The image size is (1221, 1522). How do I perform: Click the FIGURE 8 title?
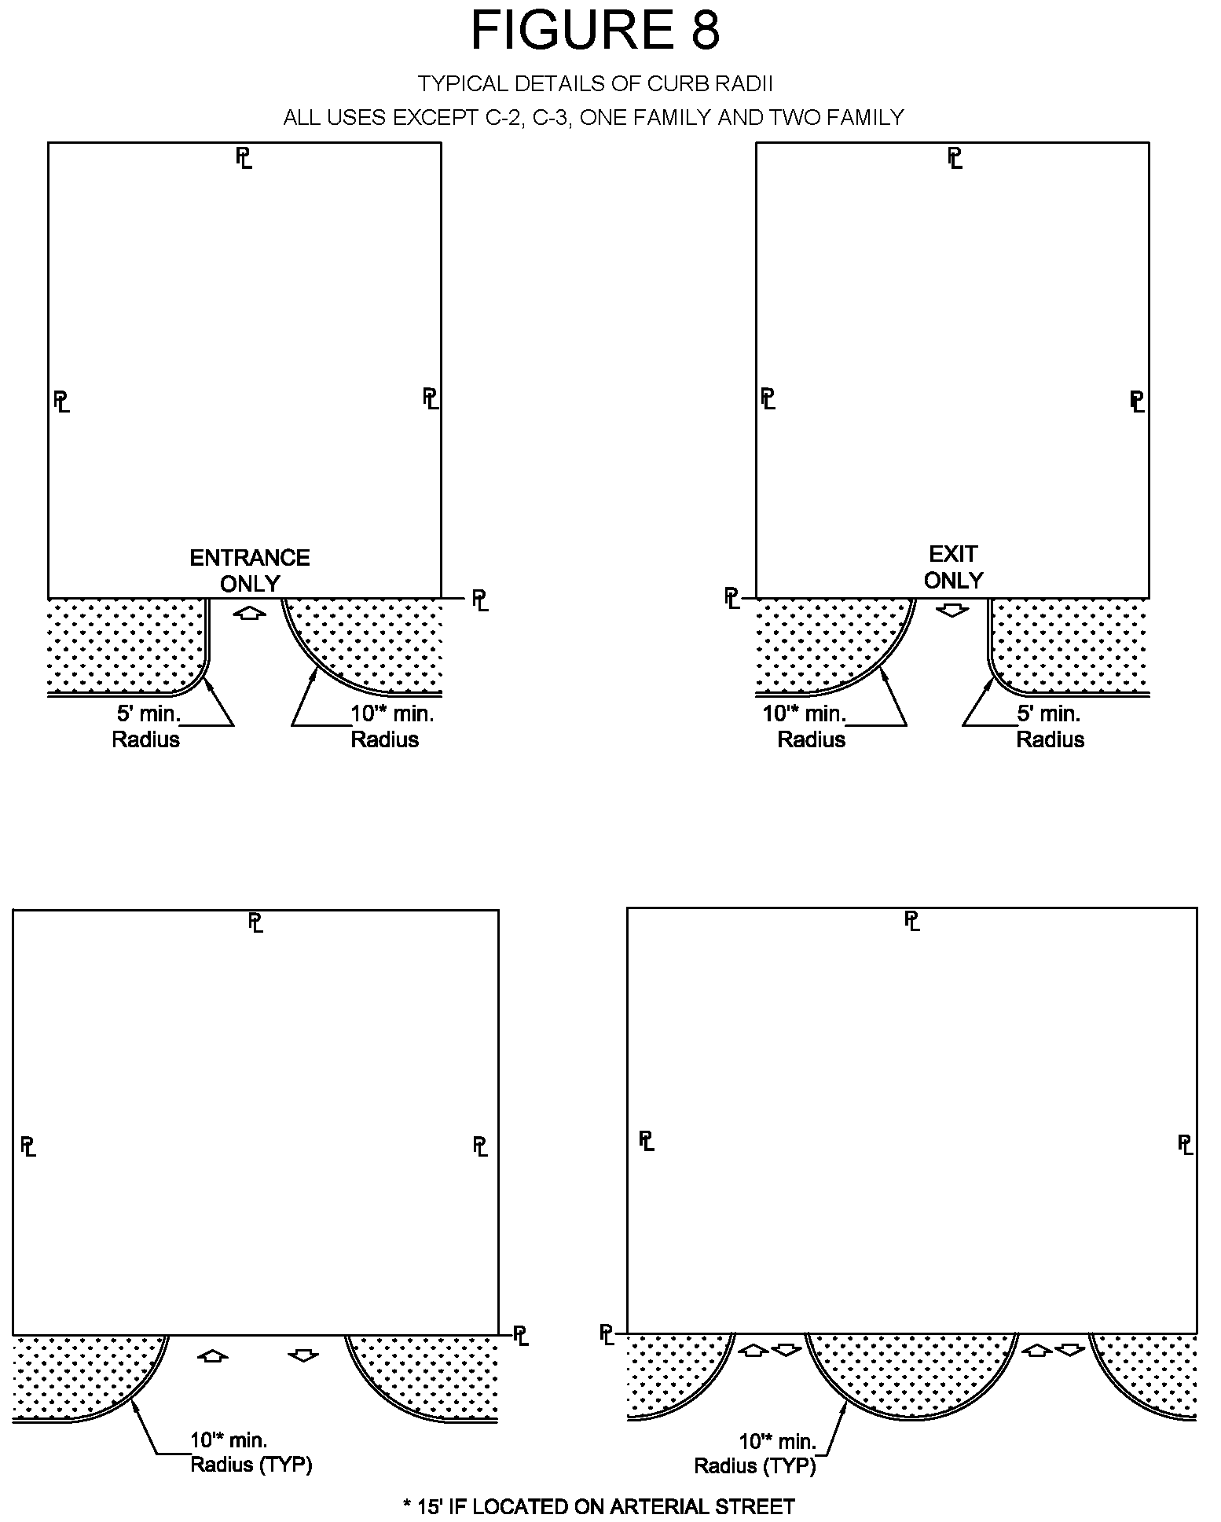tap(595, 31)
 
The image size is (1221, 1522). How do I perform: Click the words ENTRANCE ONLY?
tap(250, 570)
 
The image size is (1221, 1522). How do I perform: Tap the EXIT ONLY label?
tap(953, 567)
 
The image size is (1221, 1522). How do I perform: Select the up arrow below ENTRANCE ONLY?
tap(250, 613)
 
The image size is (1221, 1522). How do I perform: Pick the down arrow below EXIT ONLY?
tap(952, 610)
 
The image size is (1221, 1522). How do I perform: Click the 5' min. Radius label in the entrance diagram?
tap(147, 727)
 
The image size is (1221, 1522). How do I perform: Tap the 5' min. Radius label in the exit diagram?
tap(1050, 727)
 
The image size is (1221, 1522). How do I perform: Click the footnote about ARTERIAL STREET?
tap(599, 1506)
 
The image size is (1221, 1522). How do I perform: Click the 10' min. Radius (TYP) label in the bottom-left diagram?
tap(250, 1452)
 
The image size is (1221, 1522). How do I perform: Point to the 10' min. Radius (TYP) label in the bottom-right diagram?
tap(756, 1454)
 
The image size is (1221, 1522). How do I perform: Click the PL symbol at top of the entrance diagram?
tap(244, 157)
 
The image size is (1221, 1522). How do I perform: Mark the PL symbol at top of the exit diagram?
tap(955, 158)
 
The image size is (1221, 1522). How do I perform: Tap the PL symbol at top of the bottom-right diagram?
tap(911, 921)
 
